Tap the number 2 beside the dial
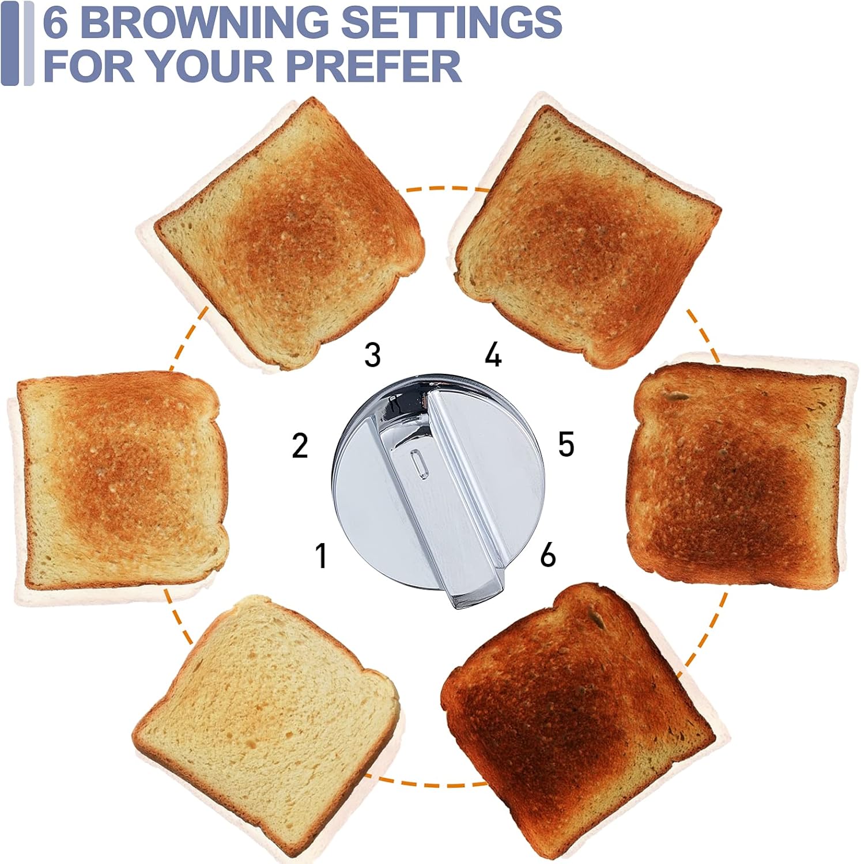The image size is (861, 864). pyautogui.click(x=300, y=445)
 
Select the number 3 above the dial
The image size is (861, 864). pyautogui.click(x=372, y=355)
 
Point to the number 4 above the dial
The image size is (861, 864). pyautogui.click(x=493, y=355)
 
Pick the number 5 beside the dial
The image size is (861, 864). pyautogui.click(x=566, y=445)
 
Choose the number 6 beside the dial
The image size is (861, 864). pyautogui.click(x=547, y=555)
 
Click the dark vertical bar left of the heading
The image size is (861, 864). pyautogui.click(x=10, y=43)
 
